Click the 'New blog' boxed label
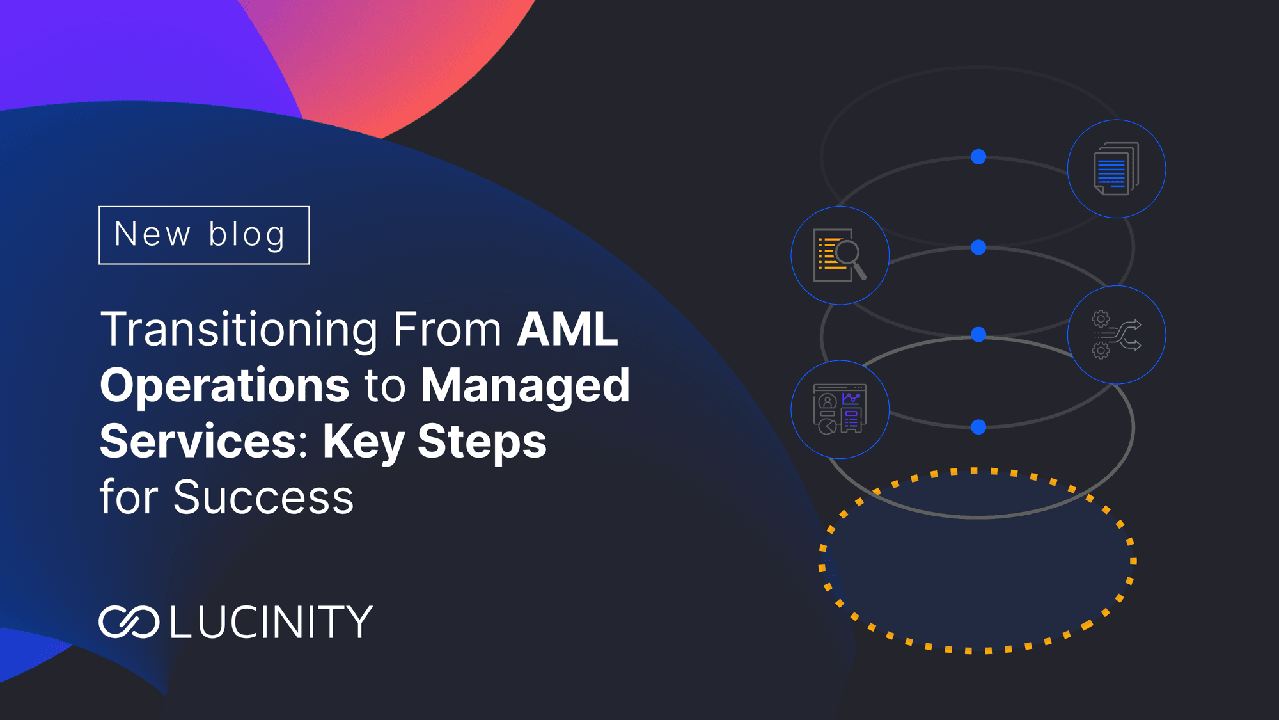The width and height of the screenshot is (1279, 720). click(203, 235)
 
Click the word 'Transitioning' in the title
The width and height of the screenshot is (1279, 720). click(239, 330)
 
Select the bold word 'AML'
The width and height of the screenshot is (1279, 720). click(567, 330)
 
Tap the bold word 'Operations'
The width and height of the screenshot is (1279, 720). click(224, 386)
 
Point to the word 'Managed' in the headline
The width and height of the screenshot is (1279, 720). click(525, 386)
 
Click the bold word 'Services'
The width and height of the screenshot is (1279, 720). click(199, 442)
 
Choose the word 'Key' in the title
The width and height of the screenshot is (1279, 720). click(363, 442)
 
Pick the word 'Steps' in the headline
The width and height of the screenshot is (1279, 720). click(482, 442)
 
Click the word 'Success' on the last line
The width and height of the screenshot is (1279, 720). click(263, 497)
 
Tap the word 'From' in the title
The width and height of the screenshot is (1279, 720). click(447, 330)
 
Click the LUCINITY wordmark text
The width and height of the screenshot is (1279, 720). click(271, 621)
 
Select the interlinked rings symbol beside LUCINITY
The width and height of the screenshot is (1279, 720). click(129, 621)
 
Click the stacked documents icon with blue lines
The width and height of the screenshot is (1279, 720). click(1116, 169)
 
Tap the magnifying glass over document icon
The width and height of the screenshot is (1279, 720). click(840, 255)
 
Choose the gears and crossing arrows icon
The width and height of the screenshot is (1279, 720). click(1116, 335)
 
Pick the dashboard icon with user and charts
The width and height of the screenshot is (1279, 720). click(840, 409)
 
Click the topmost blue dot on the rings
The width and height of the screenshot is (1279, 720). click(978, 157)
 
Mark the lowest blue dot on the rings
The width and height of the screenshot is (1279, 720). click(978, 427)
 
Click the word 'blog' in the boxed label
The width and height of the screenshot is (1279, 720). click(246, 235)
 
